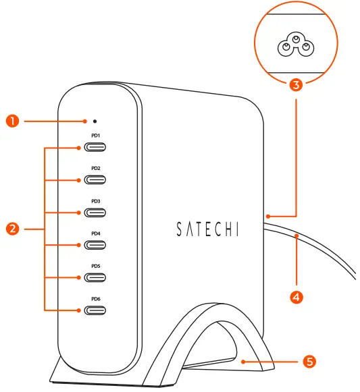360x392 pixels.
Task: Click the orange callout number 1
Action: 11,121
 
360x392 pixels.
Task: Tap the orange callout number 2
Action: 11,229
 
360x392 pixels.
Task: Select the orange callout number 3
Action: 294,86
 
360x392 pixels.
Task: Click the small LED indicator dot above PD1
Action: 95,121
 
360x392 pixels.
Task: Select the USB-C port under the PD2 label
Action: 95,179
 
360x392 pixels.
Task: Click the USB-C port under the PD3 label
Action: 95,213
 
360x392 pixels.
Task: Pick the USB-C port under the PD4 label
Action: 95,245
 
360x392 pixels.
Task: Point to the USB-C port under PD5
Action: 95,277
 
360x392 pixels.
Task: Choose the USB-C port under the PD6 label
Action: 95,310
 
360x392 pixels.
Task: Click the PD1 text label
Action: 95,136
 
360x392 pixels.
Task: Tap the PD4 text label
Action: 95,233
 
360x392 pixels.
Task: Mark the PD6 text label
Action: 95,299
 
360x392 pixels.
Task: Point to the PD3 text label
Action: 95,201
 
